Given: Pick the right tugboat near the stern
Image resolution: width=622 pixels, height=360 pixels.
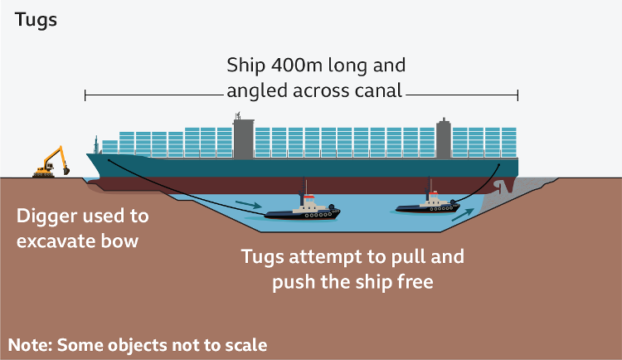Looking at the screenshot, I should (x=428, y=202).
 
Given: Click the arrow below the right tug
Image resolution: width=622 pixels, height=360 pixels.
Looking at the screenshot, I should (x=464, y=215).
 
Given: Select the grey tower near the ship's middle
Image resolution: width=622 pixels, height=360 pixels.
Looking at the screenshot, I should (x=243, y=137).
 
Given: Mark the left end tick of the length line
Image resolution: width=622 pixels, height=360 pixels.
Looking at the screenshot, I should (x=85, y=96).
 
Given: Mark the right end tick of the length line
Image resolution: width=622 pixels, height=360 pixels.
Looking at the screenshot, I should (x=518, y=96).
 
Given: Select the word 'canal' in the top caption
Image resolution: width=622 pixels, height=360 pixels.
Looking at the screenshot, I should (x=372, y=89).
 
